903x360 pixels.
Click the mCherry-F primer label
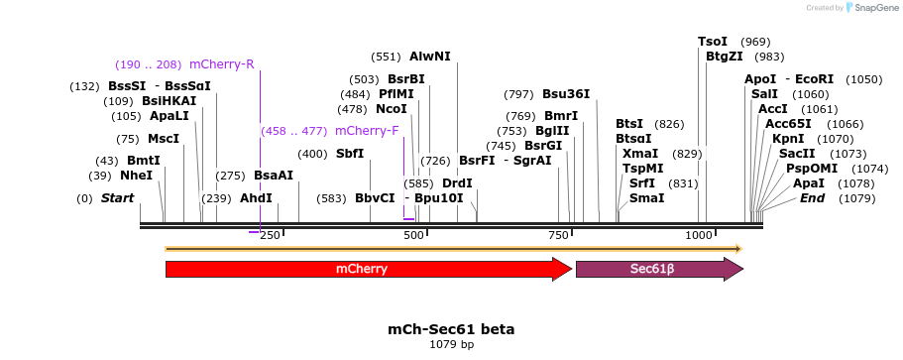click(367, 131)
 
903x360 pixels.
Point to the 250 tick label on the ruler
click(270, 235)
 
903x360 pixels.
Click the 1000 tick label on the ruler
click(700, 235)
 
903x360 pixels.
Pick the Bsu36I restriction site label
click(566, 94)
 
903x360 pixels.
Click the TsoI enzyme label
click(713, 42)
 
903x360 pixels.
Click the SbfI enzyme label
click(350, 154)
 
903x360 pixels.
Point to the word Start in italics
click(117, 198)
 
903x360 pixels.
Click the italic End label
click(812, 198)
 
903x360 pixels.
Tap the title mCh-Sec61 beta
click(451, 328)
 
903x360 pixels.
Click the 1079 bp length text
click(451, 344)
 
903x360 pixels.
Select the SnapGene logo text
click(872, 8)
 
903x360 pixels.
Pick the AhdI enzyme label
click(256, 198)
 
